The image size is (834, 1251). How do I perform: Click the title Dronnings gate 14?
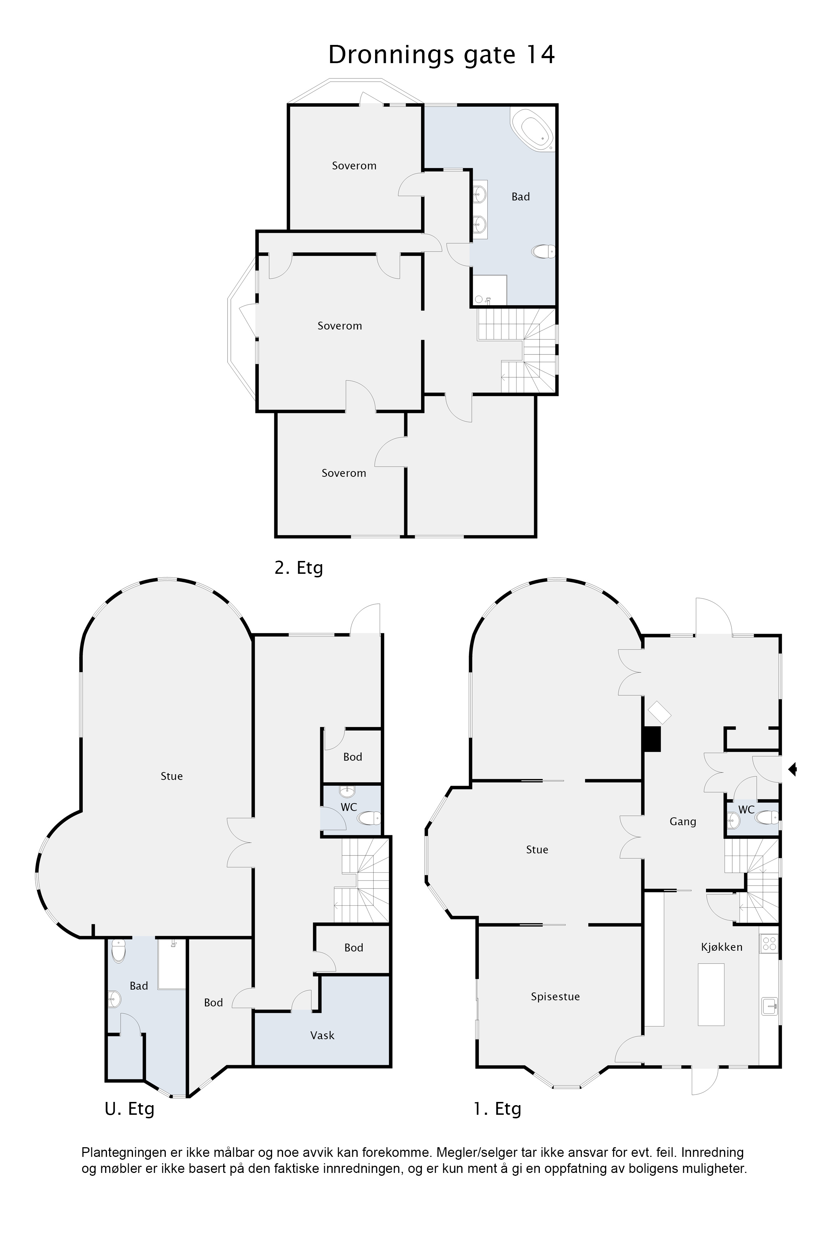(441, 55)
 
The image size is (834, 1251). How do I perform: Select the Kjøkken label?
(721, 947)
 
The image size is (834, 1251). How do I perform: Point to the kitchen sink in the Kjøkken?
(769, 1006)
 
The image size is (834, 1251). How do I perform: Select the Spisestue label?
(555, 997)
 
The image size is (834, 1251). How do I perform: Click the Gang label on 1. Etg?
(683, 822)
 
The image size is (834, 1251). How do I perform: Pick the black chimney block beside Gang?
(651, 739)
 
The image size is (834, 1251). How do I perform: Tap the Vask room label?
(322, 1035)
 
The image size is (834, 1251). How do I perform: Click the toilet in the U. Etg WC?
(369, 817)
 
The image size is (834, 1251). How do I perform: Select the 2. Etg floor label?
(299, 568)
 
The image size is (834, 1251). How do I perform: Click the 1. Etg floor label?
(497, 1109)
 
